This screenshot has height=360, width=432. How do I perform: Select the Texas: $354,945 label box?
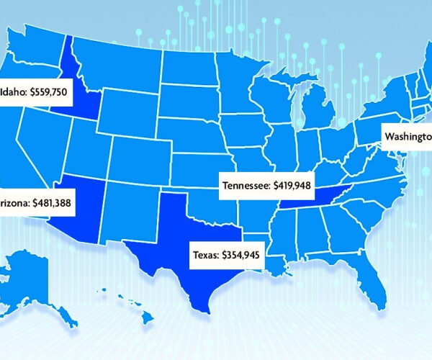[x=227, y=253]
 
